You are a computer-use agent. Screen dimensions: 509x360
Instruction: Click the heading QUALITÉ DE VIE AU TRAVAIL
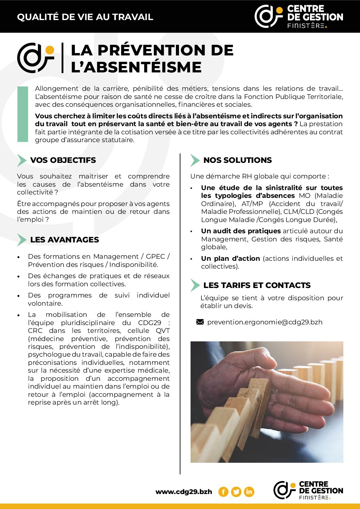[x=85, y=17]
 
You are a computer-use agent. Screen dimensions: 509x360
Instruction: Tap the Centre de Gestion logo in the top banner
[x=299, y=16]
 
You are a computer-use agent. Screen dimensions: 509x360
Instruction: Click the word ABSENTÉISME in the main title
[x=143, y=67]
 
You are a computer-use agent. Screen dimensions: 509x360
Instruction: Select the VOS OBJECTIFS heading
[x=63, y=160]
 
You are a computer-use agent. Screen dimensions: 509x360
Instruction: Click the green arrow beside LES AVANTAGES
[x=22, y=240]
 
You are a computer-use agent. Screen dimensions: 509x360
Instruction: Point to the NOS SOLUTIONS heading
[x=238, y=160]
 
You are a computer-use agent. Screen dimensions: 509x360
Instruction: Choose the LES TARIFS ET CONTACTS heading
[x=257, y=285]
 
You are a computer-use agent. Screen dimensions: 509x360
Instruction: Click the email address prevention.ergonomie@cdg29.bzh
[x=265, y=322]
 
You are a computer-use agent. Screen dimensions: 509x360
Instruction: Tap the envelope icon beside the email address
[x=200, y=322]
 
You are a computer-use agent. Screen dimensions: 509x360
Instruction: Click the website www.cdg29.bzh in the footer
[x=183, y=492]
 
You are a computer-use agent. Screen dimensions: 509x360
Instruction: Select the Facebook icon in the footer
[x=223, y=492]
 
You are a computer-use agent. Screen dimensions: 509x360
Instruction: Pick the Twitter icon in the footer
[x=236, y=492]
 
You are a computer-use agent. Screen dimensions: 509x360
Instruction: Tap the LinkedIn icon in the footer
[x=249, y=492]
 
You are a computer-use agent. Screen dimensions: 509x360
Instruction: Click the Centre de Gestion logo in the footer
[x=308, y=490]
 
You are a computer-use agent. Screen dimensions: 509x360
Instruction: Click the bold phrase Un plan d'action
[x=230, y=258]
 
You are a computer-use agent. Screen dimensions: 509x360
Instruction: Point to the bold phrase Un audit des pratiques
[x=241, y=231]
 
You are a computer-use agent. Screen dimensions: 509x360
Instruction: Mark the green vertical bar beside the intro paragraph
[x=23, y=114]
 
